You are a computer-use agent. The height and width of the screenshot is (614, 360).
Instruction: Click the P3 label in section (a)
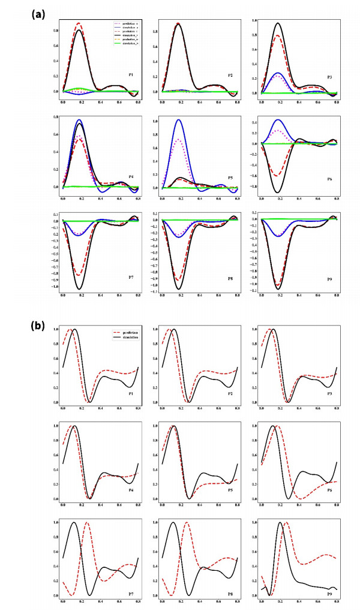tap(329, 76)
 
